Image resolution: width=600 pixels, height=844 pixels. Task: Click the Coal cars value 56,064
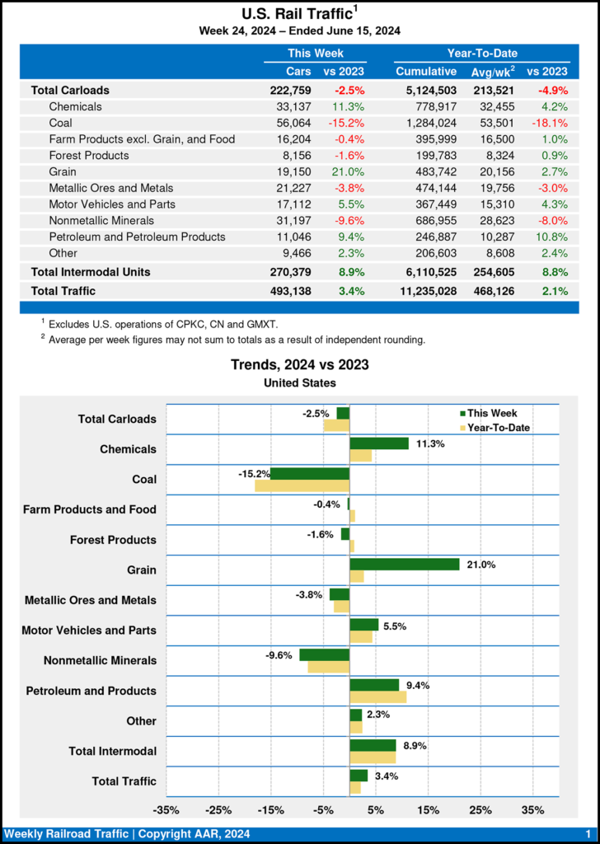point(294,123)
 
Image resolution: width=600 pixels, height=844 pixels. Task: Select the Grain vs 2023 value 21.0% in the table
point(349,171)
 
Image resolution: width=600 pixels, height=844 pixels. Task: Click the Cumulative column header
point(426,72)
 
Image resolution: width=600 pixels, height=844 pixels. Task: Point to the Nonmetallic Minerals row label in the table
point(100,220)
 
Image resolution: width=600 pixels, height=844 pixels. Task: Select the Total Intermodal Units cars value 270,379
point(288,271)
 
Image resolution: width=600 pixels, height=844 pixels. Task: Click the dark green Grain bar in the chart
point(404,564)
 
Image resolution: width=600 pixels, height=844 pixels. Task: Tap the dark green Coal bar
point(310,473)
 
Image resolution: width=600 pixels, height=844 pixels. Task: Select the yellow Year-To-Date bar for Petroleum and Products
point(377,696)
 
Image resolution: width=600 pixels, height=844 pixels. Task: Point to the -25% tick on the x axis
point(218,810)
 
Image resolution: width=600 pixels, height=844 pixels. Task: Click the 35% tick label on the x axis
point(533,810)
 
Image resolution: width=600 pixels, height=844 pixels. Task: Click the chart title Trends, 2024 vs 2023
point(299,364)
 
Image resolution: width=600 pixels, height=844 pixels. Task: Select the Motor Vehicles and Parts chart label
point(89,631)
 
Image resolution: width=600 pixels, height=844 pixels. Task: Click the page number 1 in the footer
point(588,834)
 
